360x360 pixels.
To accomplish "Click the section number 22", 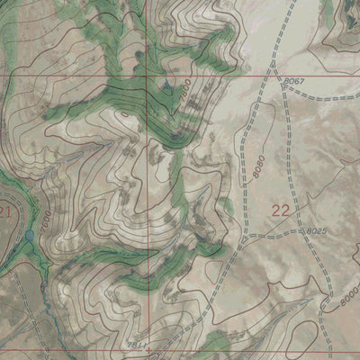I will click(280, 211).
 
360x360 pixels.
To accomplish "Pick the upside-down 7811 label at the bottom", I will click(138, 346).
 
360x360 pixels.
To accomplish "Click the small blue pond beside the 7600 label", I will click(30, 236).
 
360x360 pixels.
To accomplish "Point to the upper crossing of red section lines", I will click(148, 76).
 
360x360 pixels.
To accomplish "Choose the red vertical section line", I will click(148, 180).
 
